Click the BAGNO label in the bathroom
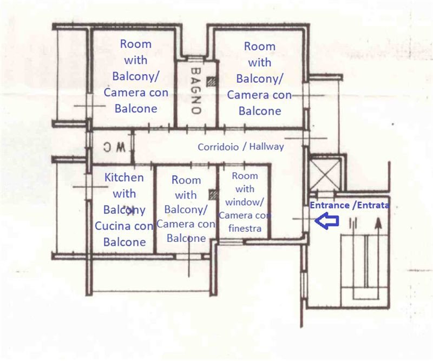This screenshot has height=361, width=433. pos(196,91)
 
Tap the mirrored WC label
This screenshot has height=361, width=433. pos(114,147)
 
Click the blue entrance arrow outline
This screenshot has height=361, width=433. pos(327,220)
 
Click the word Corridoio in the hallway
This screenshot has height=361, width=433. pos(218,147)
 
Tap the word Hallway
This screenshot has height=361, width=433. pos(266,146)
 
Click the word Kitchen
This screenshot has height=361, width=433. pos(124,178)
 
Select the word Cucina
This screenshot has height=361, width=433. pos(113,226)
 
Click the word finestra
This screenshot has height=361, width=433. pos(245,228)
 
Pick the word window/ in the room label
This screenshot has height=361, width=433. pos(245,202)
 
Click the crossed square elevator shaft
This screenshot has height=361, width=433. pos(325,175)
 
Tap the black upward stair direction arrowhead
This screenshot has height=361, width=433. pos(378,223)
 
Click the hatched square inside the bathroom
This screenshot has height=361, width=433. pos(212,82)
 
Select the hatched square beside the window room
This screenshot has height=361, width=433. pos(213,194)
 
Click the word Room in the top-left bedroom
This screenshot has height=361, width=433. pos(136,44)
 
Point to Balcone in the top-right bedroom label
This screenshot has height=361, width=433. pos(260,111)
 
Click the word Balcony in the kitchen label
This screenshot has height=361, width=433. pos(124,210)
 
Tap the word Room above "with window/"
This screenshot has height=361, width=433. pos(245,176)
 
